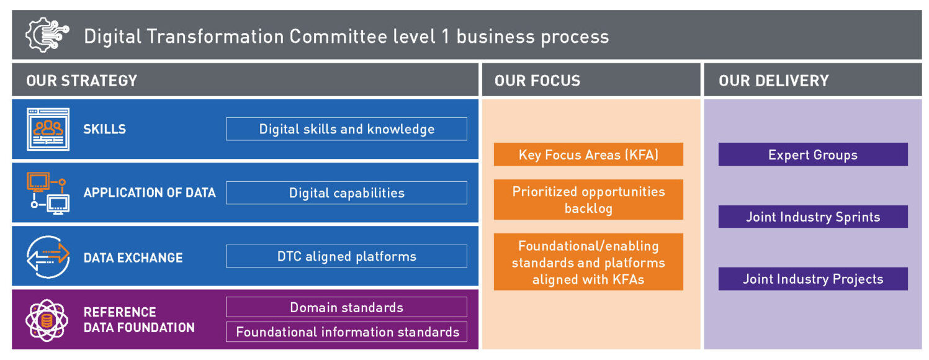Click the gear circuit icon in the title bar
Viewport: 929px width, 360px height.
(x=47, y=35)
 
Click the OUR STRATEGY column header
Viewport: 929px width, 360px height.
(x=81, y=81)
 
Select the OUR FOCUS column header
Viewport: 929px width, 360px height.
(x=537, y=81)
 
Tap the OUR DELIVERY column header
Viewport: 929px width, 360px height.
(x=773, y=81)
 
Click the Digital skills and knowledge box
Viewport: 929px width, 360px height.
(x=346, y=129)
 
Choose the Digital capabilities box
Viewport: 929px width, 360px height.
(x=346, y=193)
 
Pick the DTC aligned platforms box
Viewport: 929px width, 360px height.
(x=346, y=256)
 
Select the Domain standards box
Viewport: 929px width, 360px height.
(x=346, y=307)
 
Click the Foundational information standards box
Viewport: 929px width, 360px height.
(x=346, y=332)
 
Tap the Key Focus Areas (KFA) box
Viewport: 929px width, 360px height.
(x=588, y=155)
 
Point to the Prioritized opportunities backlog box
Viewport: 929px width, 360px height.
(x=588, y=199)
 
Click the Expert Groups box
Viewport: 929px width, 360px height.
(x=813, y=155)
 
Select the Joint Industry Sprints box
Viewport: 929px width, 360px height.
(x=813, y=217)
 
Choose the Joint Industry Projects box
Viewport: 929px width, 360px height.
(x=813, y=279)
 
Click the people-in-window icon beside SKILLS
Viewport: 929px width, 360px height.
(x=48, y=129)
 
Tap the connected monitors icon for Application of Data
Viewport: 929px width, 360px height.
(x=48, y=193)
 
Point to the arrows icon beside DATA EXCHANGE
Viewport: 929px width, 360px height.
(x=48, y=257)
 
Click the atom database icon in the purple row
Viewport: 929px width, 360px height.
(x=47, y=320)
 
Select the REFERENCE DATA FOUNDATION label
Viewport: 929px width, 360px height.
(x=139, y=320)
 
